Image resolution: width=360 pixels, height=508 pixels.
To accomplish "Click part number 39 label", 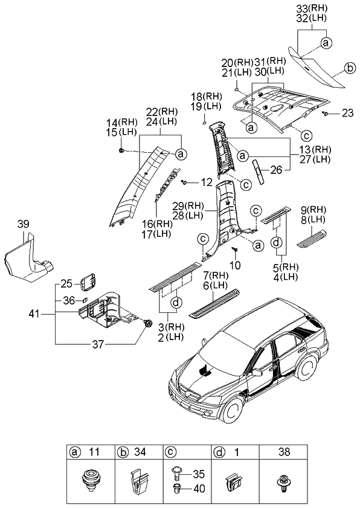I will click(22, 225).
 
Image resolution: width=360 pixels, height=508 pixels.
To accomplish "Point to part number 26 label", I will click(277, 170).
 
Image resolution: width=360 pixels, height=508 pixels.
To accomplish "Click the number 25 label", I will click(66, 283).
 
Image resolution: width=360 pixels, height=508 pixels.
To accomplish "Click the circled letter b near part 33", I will click(349, 69).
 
